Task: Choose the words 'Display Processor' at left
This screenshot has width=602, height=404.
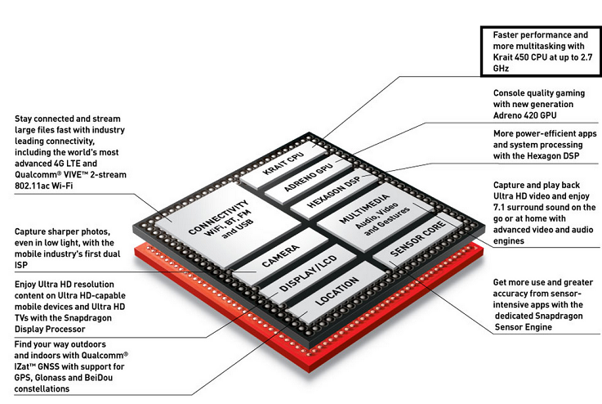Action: [50, 329]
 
